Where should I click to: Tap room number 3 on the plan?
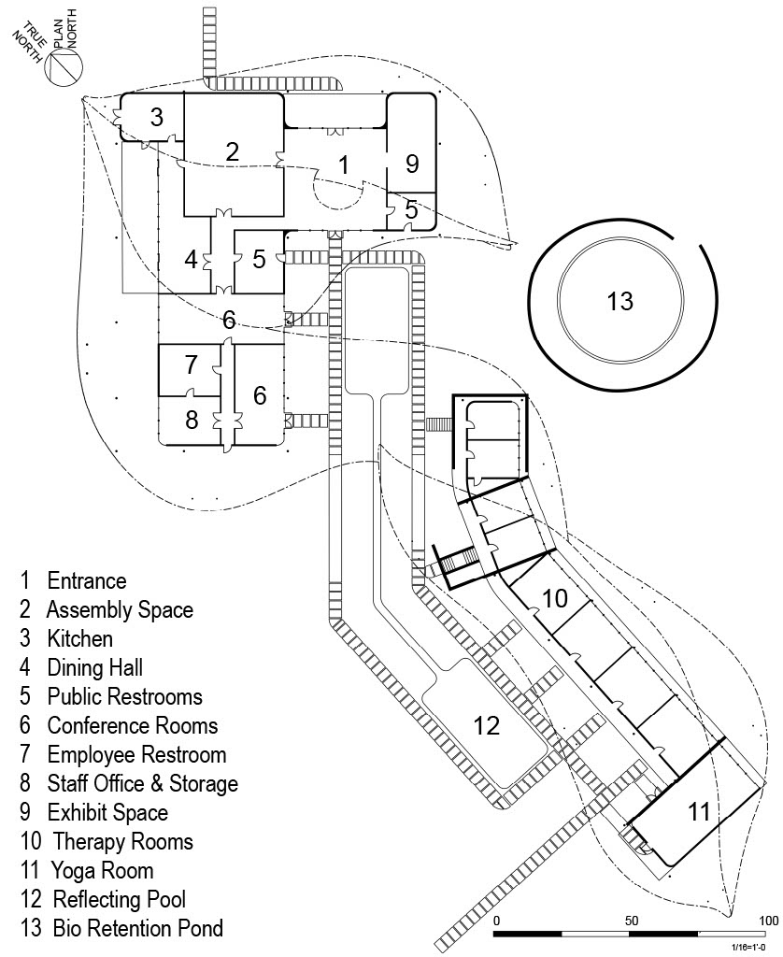[157, 118]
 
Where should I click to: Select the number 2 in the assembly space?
[233, 152]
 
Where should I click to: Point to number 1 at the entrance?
[344, 166]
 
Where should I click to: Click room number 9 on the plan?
[412, 164]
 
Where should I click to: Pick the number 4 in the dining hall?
[192, 260]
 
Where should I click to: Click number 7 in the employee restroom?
[192, 363]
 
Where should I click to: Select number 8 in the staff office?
[192, 420]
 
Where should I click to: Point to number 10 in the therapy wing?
[555, 598]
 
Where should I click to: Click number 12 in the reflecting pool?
[487, 724]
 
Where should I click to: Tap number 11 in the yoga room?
[699, 811]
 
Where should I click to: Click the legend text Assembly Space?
[120, 610]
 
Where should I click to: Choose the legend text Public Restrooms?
[124, 697]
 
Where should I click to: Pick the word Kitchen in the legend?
[79, 639]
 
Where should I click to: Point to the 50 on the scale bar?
[632, 921]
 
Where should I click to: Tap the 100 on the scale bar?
[767, 921]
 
